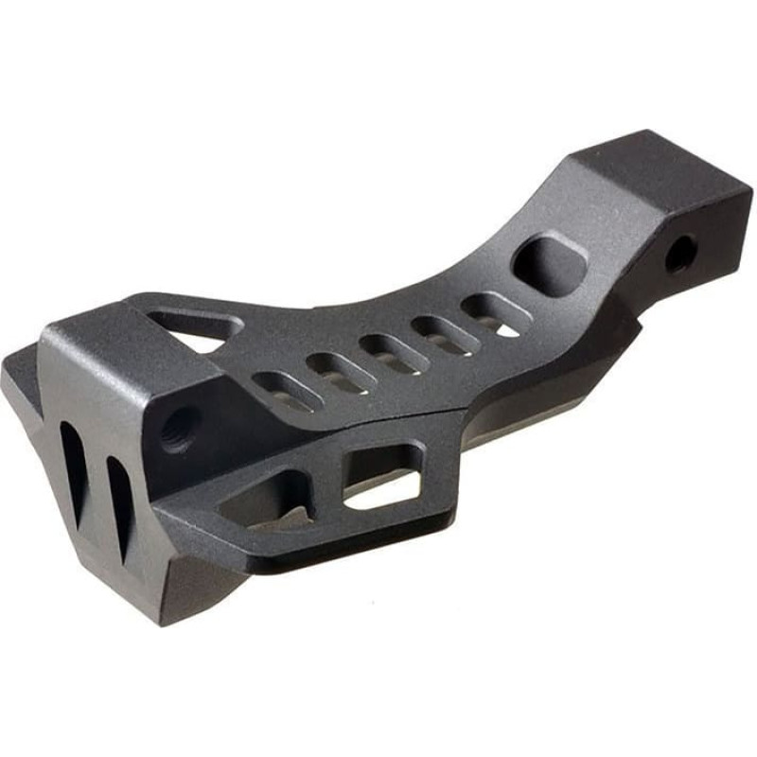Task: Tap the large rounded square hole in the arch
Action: (549, 262)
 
